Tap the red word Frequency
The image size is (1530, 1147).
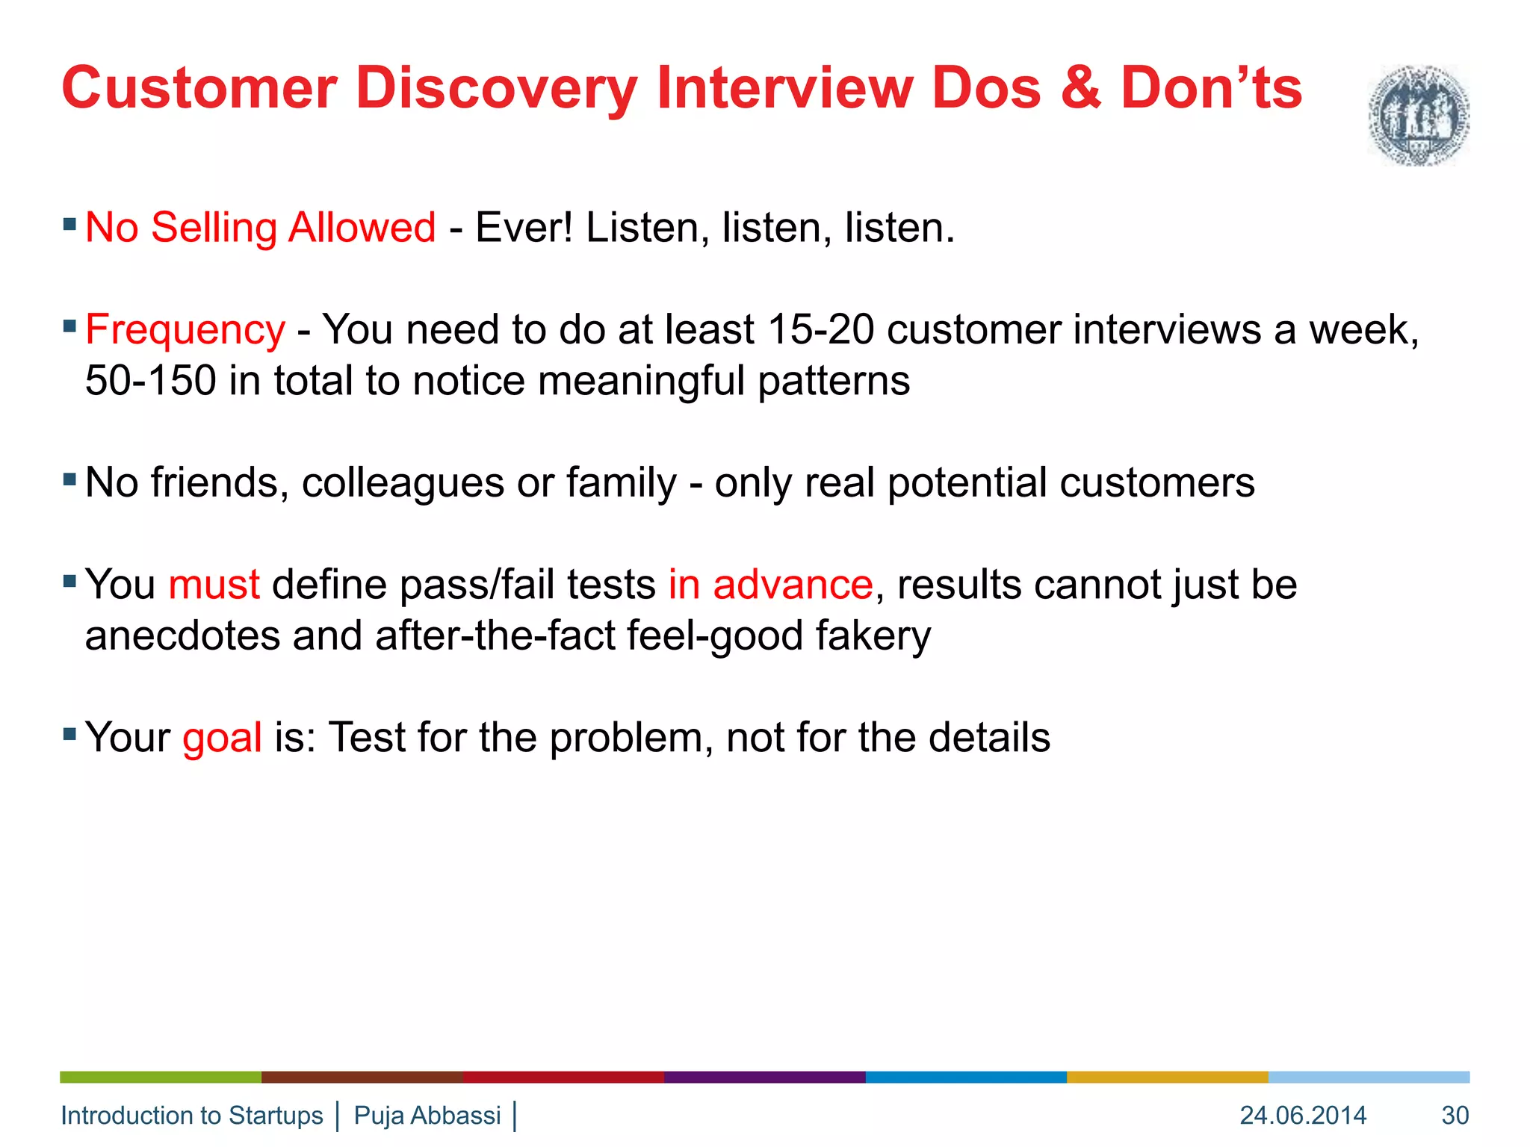tap(185, 330)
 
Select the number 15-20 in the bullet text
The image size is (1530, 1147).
tap(820, 330)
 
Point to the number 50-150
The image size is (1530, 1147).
tap(150, 381)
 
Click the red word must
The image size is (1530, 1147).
tap(214, 585)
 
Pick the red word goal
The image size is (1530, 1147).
tap(222, 738)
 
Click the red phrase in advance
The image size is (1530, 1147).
tap(770, 585)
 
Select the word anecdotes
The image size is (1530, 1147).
tap(182, 636)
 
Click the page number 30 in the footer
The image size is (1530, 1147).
tap(1455, 1116)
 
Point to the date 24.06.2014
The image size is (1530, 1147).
tap(1303, 1116)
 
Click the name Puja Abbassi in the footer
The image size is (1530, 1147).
tap(427, 1116)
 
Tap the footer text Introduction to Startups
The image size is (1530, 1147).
tap(192, 1116)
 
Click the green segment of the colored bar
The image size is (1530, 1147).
tap(161, 1077)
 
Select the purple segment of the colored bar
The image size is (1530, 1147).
tap(764, 1077)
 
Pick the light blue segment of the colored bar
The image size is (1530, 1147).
tap(1369, 1077)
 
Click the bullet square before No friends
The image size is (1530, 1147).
tap(70, 479)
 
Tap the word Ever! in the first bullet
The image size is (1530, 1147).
tap(524, 228)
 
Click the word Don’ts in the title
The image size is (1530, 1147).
tap(1211, 89)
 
